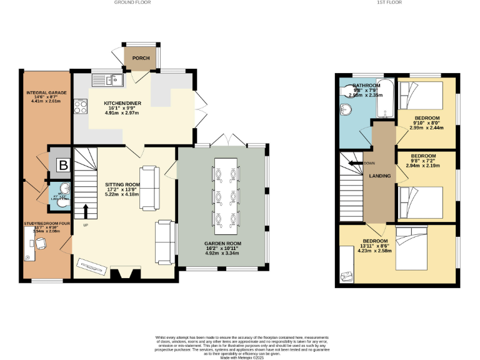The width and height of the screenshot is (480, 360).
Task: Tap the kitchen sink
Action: click(109, 80)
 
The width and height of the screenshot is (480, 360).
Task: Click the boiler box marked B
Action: click(62, 165)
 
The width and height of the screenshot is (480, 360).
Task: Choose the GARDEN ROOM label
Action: click(223, 243)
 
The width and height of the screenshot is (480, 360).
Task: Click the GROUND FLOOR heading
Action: click(132, 2)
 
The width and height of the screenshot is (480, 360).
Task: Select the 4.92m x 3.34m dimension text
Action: click(223, 254)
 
